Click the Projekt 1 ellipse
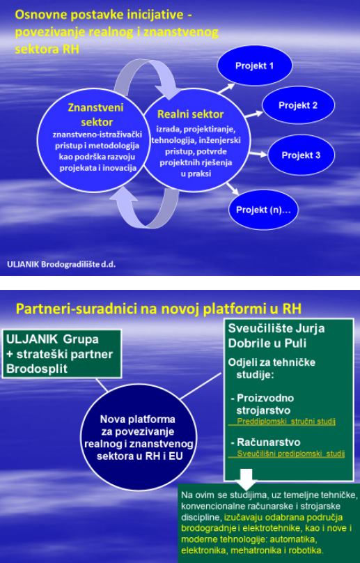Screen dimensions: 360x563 point(254,65)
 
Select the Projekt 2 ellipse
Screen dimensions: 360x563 point(298,105)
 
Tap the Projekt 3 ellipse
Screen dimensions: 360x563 point(301,155)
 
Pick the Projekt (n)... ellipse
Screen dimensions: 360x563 point(263,210)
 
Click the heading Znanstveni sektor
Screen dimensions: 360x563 point(96,114)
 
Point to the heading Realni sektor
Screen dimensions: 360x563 point(191,114)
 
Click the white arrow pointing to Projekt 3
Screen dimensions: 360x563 point(258,154)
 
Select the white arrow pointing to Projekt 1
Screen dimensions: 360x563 point(226,88)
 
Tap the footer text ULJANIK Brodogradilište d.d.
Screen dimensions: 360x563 point(61,264)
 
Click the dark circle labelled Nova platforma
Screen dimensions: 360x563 point(139,437)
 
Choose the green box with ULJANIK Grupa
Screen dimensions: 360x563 point(62,354)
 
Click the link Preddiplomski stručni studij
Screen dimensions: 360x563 point(286,421)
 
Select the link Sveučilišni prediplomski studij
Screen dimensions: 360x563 point(291,454)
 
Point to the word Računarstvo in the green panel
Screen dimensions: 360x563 point(269,442)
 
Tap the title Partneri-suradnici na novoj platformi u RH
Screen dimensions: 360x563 point(159,309)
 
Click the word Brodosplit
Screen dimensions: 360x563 point(37,369)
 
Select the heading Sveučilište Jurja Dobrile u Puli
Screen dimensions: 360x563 point(276,336)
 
